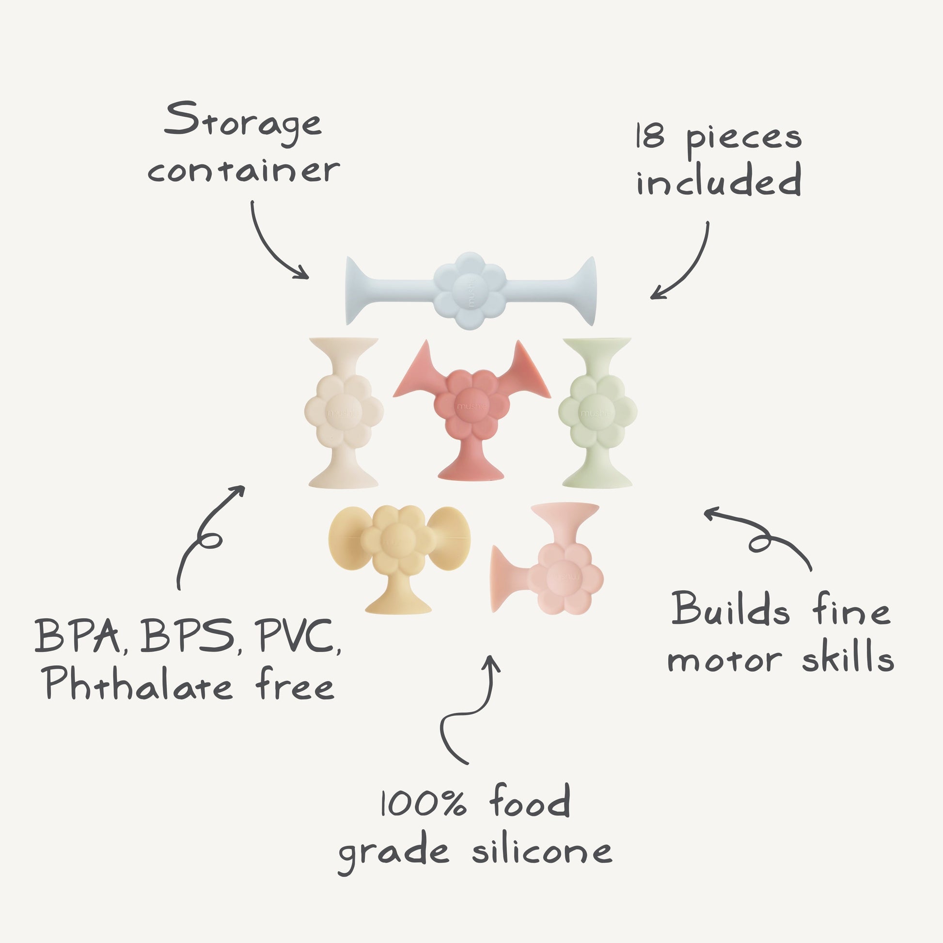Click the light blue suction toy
coord(471,290)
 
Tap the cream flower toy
coord(344,413)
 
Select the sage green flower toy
coord(597,413)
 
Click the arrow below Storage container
coord(273,244)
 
